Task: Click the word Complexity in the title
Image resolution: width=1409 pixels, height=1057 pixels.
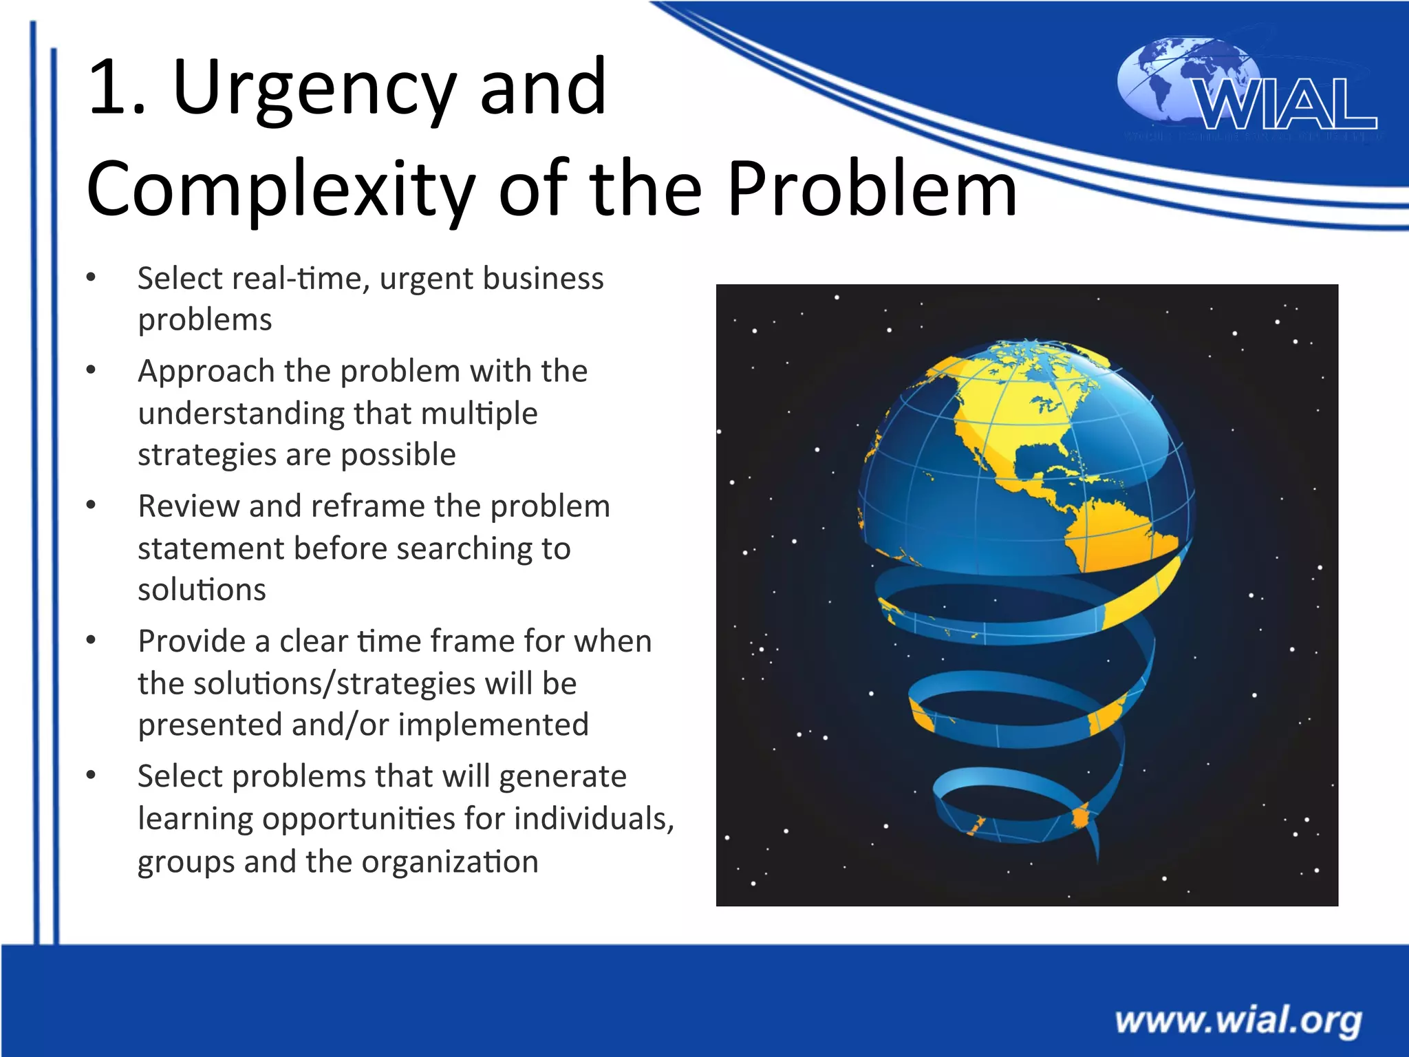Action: [x=281, y=188]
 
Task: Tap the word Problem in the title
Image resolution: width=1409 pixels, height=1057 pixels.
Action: [x=872, y=188]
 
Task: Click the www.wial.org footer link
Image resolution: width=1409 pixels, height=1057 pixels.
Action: [x=1238, y=1020]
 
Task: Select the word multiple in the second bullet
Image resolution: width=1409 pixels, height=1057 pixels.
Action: [x=479, y=414]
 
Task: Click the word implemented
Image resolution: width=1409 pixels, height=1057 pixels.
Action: [x=493, y=725]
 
